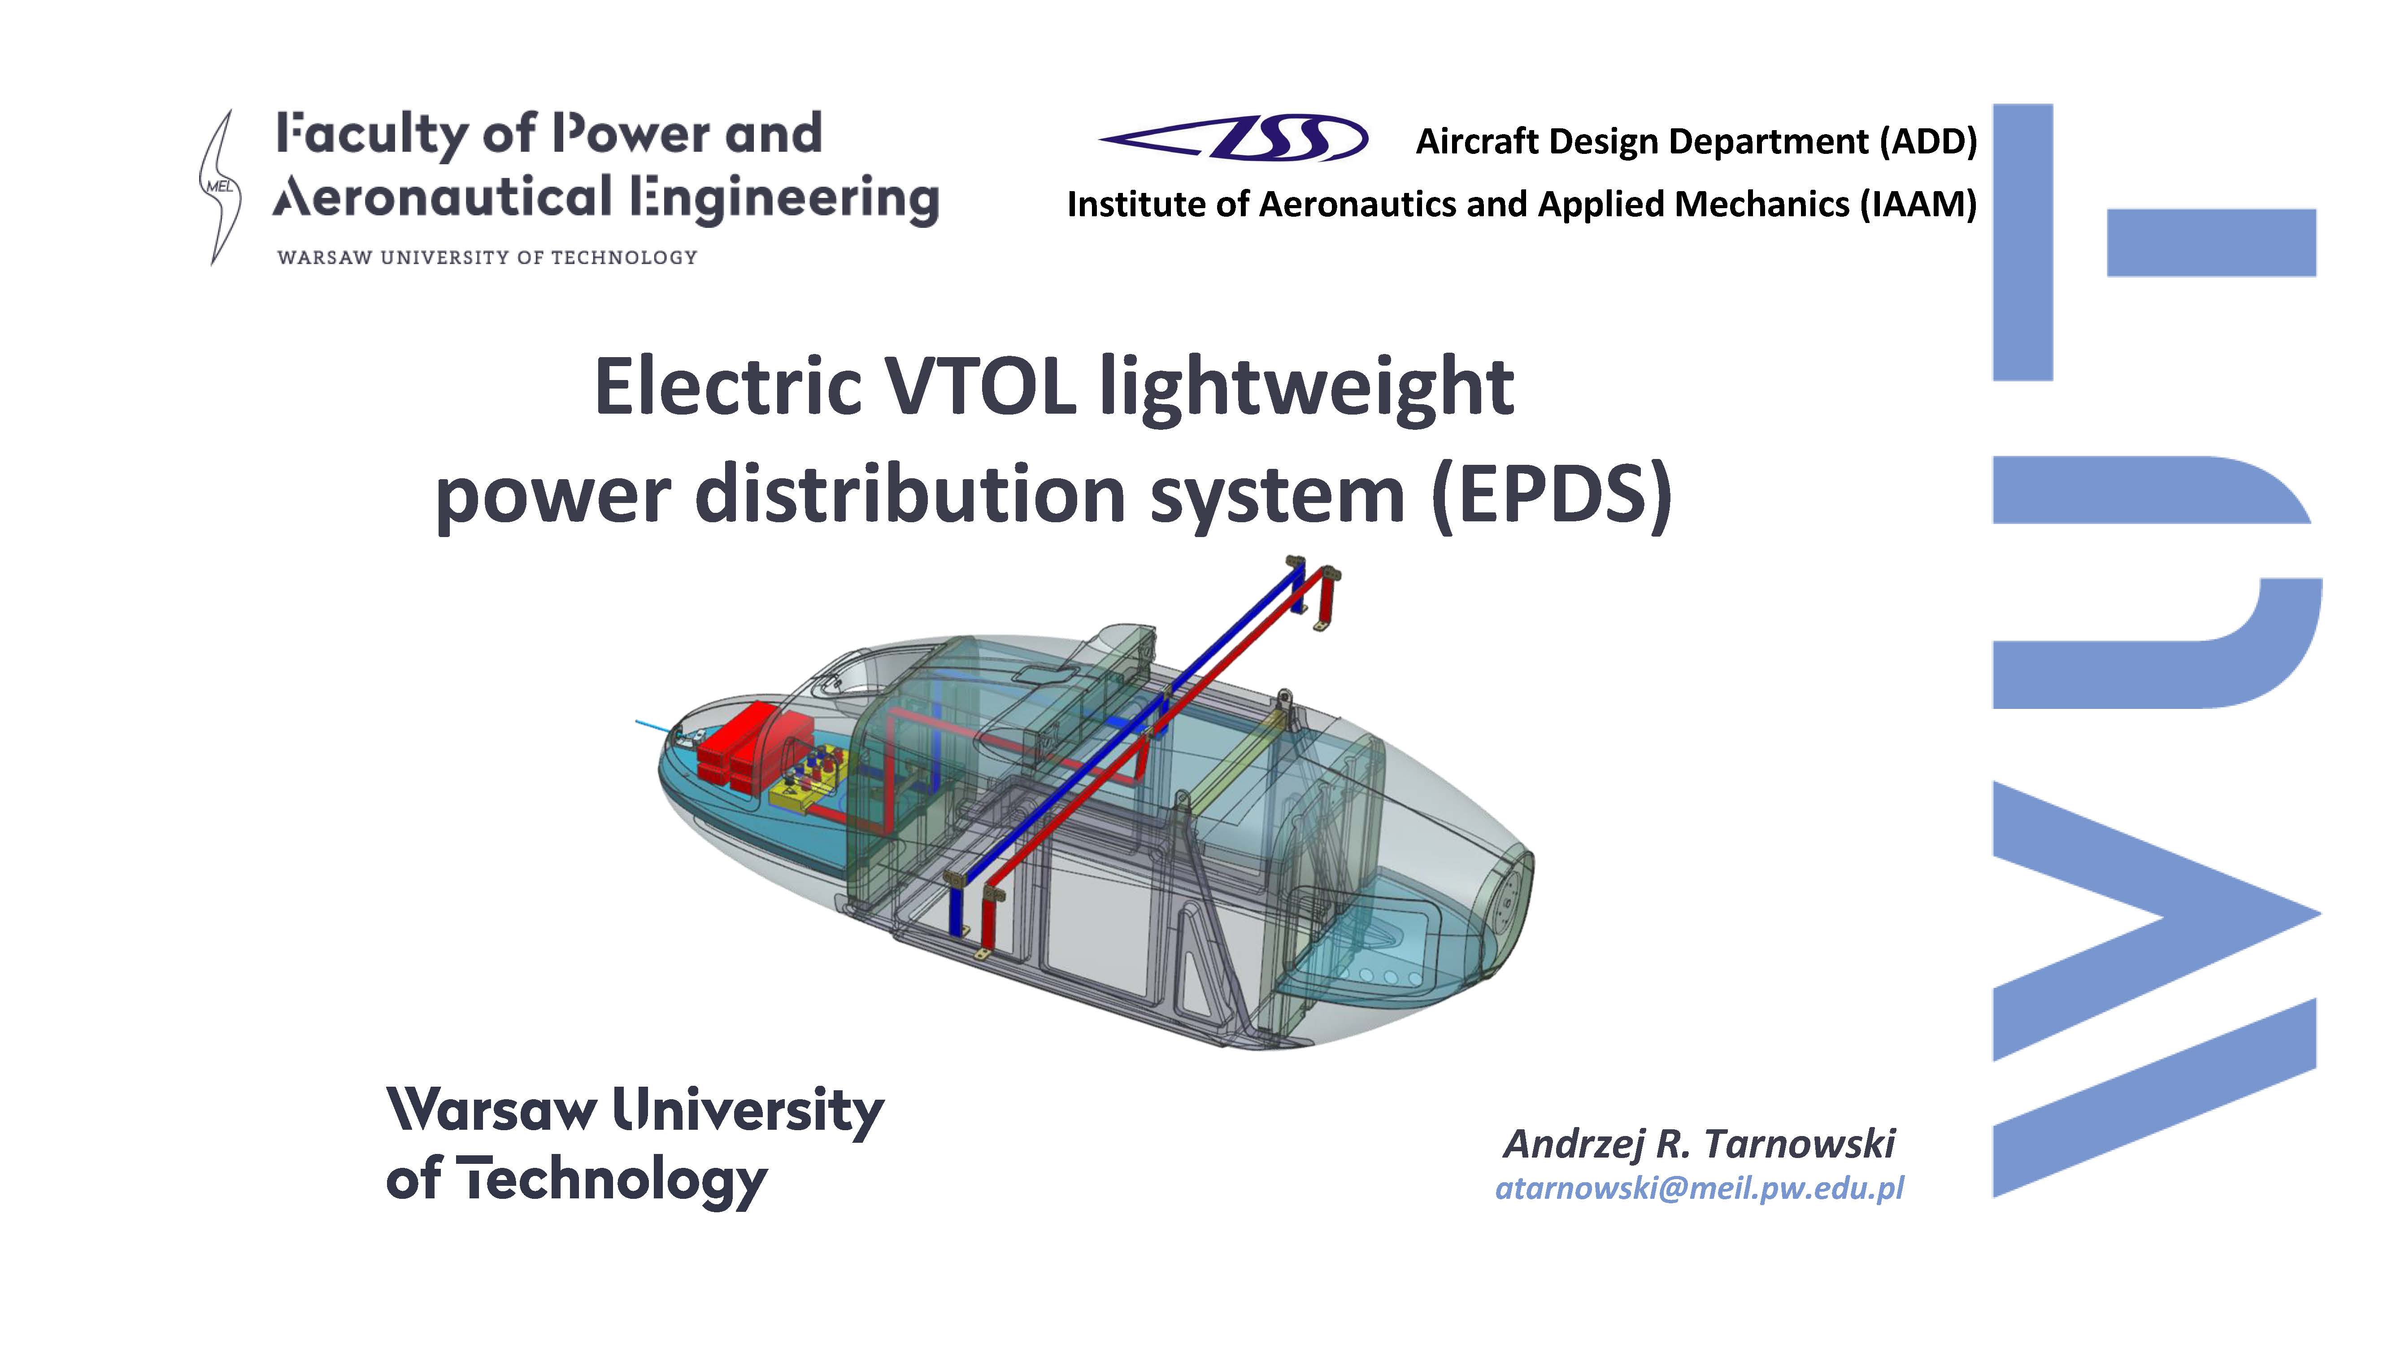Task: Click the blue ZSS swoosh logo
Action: tap(1233, 138)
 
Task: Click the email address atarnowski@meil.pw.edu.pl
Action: tap(1699, 1188)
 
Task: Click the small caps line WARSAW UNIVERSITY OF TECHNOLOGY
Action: tap(487, 257)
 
